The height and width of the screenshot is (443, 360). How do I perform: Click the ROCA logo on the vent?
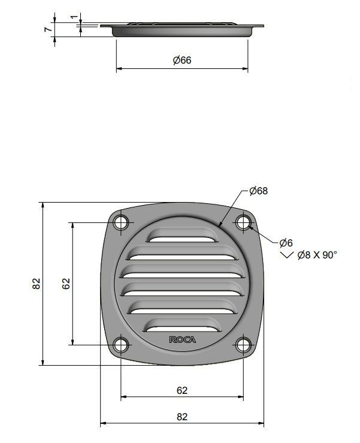[182, 340]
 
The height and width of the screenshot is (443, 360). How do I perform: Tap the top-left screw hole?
[122, 222]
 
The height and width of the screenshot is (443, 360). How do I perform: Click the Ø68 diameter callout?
[258, 191]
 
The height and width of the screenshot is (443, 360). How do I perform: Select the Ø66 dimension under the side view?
[181, 60]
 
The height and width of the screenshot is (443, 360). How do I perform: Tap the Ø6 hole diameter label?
[286, 243]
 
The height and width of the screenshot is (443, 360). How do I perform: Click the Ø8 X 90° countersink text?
[317, 255]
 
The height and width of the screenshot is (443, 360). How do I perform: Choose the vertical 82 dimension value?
[36, 284]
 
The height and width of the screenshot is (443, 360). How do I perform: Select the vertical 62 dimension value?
[66, 284]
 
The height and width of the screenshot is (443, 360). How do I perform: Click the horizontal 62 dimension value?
[182, 390]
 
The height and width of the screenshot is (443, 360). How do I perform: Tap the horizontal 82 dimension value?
[182, 417]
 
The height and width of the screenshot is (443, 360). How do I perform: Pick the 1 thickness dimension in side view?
[74, 17]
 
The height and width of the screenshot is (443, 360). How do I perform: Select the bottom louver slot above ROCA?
[182, 324]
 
